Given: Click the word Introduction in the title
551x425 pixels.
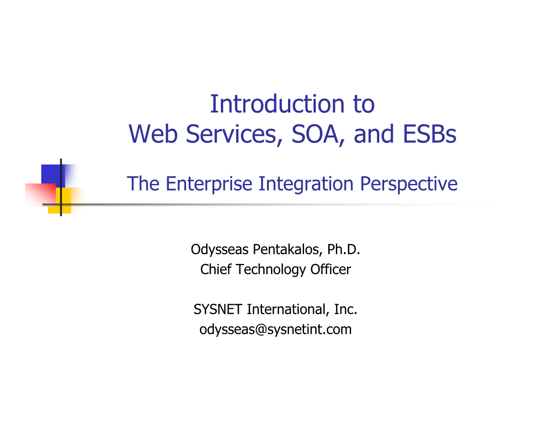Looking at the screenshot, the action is pos(277,104).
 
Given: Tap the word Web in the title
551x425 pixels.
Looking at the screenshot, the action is pos(153,134).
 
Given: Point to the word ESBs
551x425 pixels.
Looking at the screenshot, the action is pos(429,134).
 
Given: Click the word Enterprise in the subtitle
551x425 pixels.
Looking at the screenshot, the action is pos(209,184).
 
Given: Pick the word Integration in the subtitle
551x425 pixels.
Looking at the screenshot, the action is pos(306,184).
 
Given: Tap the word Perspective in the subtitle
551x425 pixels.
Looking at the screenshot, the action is pos(408,184).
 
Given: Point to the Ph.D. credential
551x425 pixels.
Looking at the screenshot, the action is pos(343,249).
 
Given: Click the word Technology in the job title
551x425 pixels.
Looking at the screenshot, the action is pos(271,270).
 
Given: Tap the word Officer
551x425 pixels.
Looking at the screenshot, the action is pos(331,269).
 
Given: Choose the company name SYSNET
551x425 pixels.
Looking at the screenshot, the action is pos(218,309).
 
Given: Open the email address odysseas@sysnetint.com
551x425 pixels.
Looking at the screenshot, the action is pos(275,330).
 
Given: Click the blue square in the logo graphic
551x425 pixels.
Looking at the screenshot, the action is pos(51,175).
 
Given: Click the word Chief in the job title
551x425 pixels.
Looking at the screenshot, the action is pos(216,269).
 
